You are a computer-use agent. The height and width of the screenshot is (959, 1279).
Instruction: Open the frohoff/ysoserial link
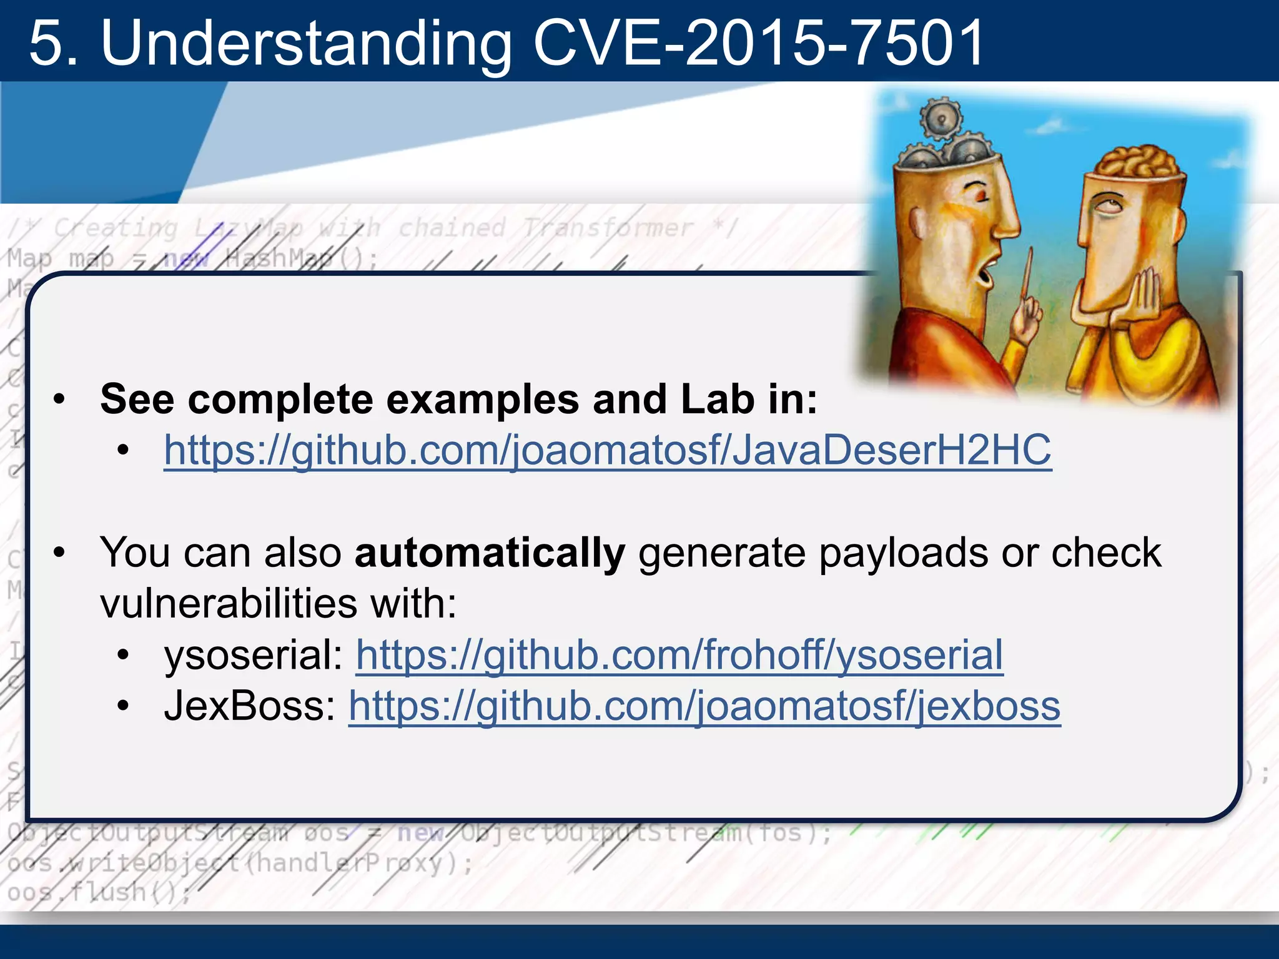point(679,655)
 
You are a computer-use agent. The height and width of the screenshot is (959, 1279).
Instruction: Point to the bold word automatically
point(490,553)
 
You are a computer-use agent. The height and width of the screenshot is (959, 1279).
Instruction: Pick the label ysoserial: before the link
point(254,655)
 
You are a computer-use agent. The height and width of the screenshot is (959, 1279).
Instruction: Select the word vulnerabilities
point(229,604)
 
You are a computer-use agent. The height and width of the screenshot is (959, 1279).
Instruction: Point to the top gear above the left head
point(941,116)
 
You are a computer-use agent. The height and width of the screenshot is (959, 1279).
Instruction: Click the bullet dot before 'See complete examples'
point(59,400)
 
